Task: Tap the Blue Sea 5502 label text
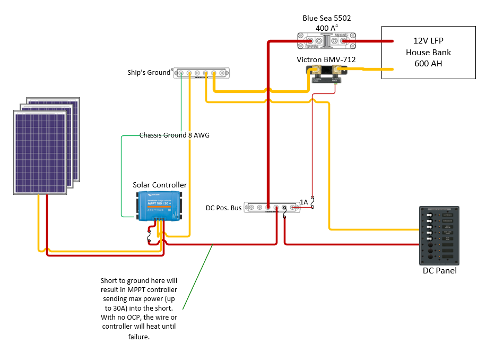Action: coord(326,18)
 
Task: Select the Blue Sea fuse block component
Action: coord(326,40)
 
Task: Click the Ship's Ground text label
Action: coord(149,72)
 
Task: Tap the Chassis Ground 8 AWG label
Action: coord(174,135)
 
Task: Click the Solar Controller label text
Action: coord(159,185)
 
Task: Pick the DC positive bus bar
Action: coord(272,208)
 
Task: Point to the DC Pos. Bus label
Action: coord(223,208)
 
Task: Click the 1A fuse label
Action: coord(303,202)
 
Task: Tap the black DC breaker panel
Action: coord(439,235)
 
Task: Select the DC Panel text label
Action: coord(439,271)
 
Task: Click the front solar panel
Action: coord(40,152)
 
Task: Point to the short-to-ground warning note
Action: coord(139,308)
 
